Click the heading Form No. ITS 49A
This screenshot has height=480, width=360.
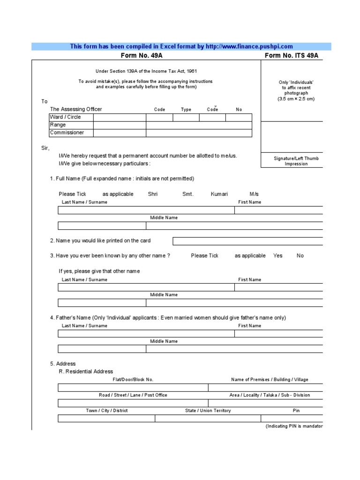pos(292,55)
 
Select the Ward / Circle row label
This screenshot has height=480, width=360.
pos(65,117)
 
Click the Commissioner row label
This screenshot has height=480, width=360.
pos(67,133)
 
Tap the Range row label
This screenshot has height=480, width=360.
pos(58,125)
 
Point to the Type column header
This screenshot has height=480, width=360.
pos(186,110)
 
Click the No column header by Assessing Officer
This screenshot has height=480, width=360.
pos(239,110)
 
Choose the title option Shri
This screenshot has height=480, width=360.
pos(153,194)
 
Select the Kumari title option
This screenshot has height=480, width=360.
pos(219,194)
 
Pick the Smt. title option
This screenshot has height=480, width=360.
pos(187,194)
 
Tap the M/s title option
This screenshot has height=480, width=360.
pos(254,194)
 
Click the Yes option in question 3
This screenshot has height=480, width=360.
pos(278,256)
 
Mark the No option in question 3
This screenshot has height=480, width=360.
pos(300,256)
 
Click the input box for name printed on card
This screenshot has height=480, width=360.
pos(247,241)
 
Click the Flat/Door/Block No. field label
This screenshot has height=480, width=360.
pos(133,380)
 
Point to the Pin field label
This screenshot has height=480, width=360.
pos(296,411)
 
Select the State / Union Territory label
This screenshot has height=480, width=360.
pos(208,411)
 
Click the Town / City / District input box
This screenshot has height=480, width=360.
pos(106,419)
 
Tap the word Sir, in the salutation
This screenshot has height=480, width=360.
pos(45,148)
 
